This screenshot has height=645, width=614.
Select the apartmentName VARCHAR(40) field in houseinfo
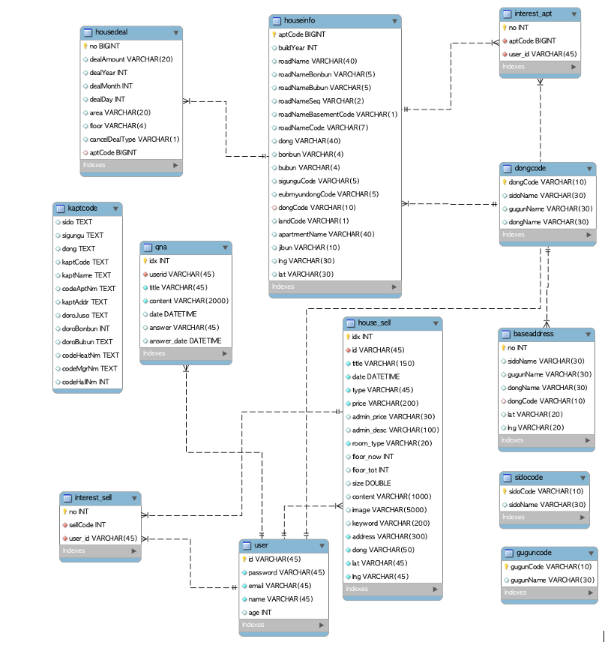(325, 234)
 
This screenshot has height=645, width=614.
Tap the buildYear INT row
(298, 48)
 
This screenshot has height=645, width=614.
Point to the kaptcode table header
(82, 208)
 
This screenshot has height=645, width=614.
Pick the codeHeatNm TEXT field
(90, 355)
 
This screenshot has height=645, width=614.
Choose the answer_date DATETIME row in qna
(184, 340)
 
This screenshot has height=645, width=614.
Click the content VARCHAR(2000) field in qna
(188, 301)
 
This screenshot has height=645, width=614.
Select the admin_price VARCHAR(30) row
(393, 416)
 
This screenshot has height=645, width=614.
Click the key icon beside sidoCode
(505, 491)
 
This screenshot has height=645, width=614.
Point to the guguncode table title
(534, 553)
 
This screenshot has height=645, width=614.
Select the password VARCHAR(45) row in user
(286, 572)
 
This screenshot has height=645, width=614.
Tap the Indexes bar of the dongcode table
(547, 235)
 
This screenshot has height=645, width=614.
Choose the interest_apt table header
(534, 14)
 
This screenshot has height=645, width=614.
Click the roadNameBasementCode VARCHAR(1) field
(337, 114)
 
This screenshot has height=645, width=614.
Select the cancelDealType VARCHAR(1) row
(134, 139)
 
